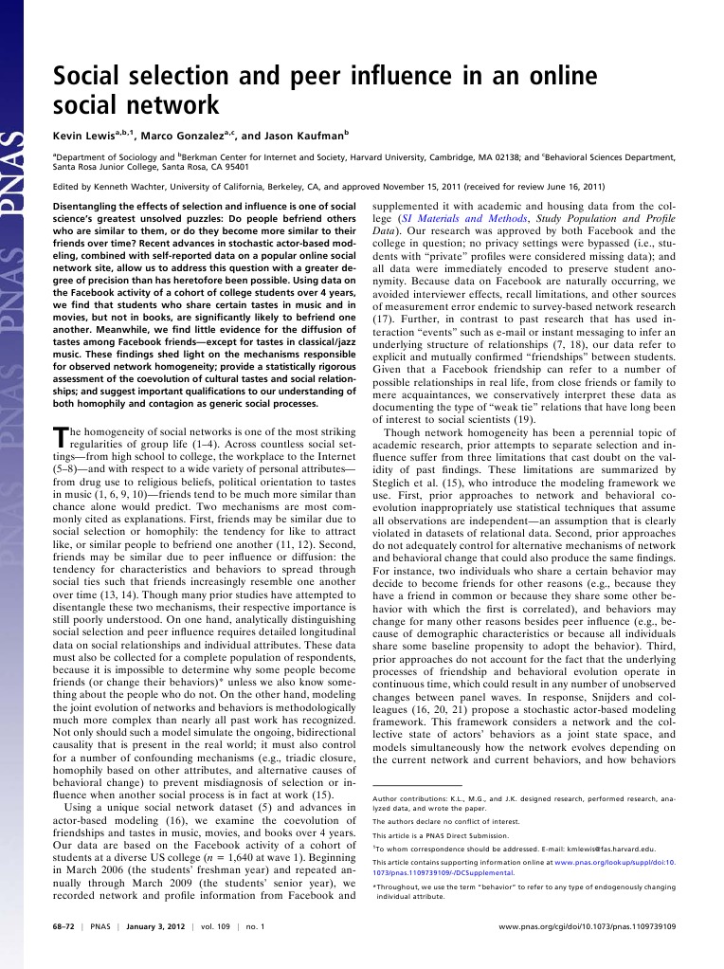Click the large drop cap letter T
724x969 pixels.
click(x=58, y=436)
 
